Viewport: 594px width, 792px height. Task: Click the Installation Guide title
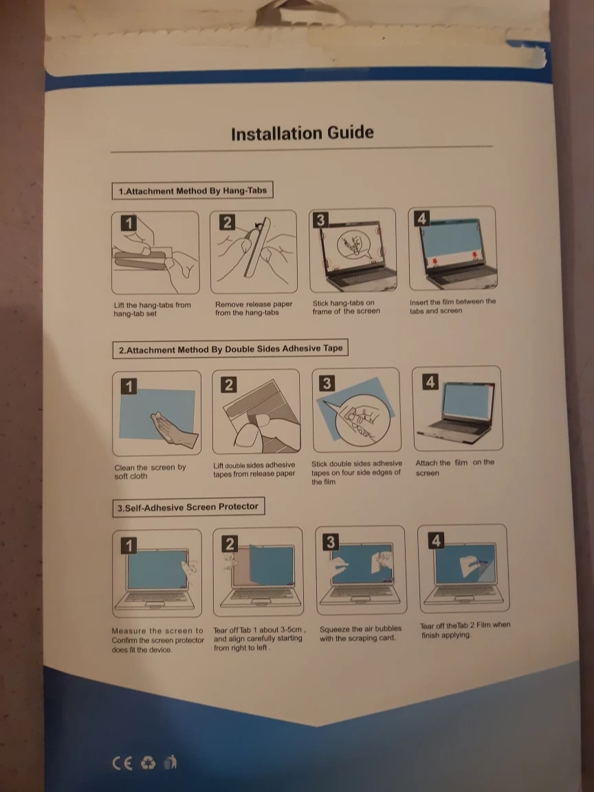[302, 133]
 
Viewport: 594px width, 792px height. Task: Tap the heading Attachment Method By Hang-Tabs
[192, 191]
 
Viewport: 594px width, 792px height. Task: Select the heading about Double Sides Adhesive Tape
[230, 349]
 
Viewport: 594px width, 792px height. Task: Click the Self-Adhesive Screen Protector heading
[188, 507]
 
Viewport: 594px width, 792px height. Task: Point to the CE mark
[123, 762]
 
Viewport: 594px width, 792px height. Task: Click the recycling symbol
[148, 762]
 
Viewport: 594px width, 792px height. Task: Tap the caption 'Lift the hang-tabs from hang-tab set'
[152, 309]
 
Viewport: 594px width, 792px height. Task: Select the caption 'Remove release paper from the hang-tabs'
[254, 308]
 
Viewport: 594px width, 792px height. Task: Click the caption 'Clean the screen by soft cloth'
[150, 472]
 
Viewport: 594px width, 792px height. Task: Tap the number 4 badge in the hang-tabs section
[421, 218]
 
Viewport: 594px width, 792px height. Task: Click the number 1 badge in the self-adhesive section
[129, 545]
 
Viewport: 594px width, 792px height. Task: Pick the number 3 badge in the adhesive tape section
[327, 384]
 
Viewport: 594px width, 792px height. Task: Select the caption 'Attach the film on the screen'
[454, 467]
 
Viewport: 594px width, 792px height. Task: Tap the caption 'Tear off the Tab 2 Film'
[465, 630]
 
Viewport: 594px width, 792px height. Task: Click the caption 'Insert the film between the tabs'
[452, 306]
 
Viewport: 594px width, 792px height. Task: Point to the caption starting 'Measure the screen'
[157, 640]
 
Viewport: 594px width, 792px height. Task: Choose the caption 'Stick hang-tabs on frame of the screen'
[346, 307]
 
